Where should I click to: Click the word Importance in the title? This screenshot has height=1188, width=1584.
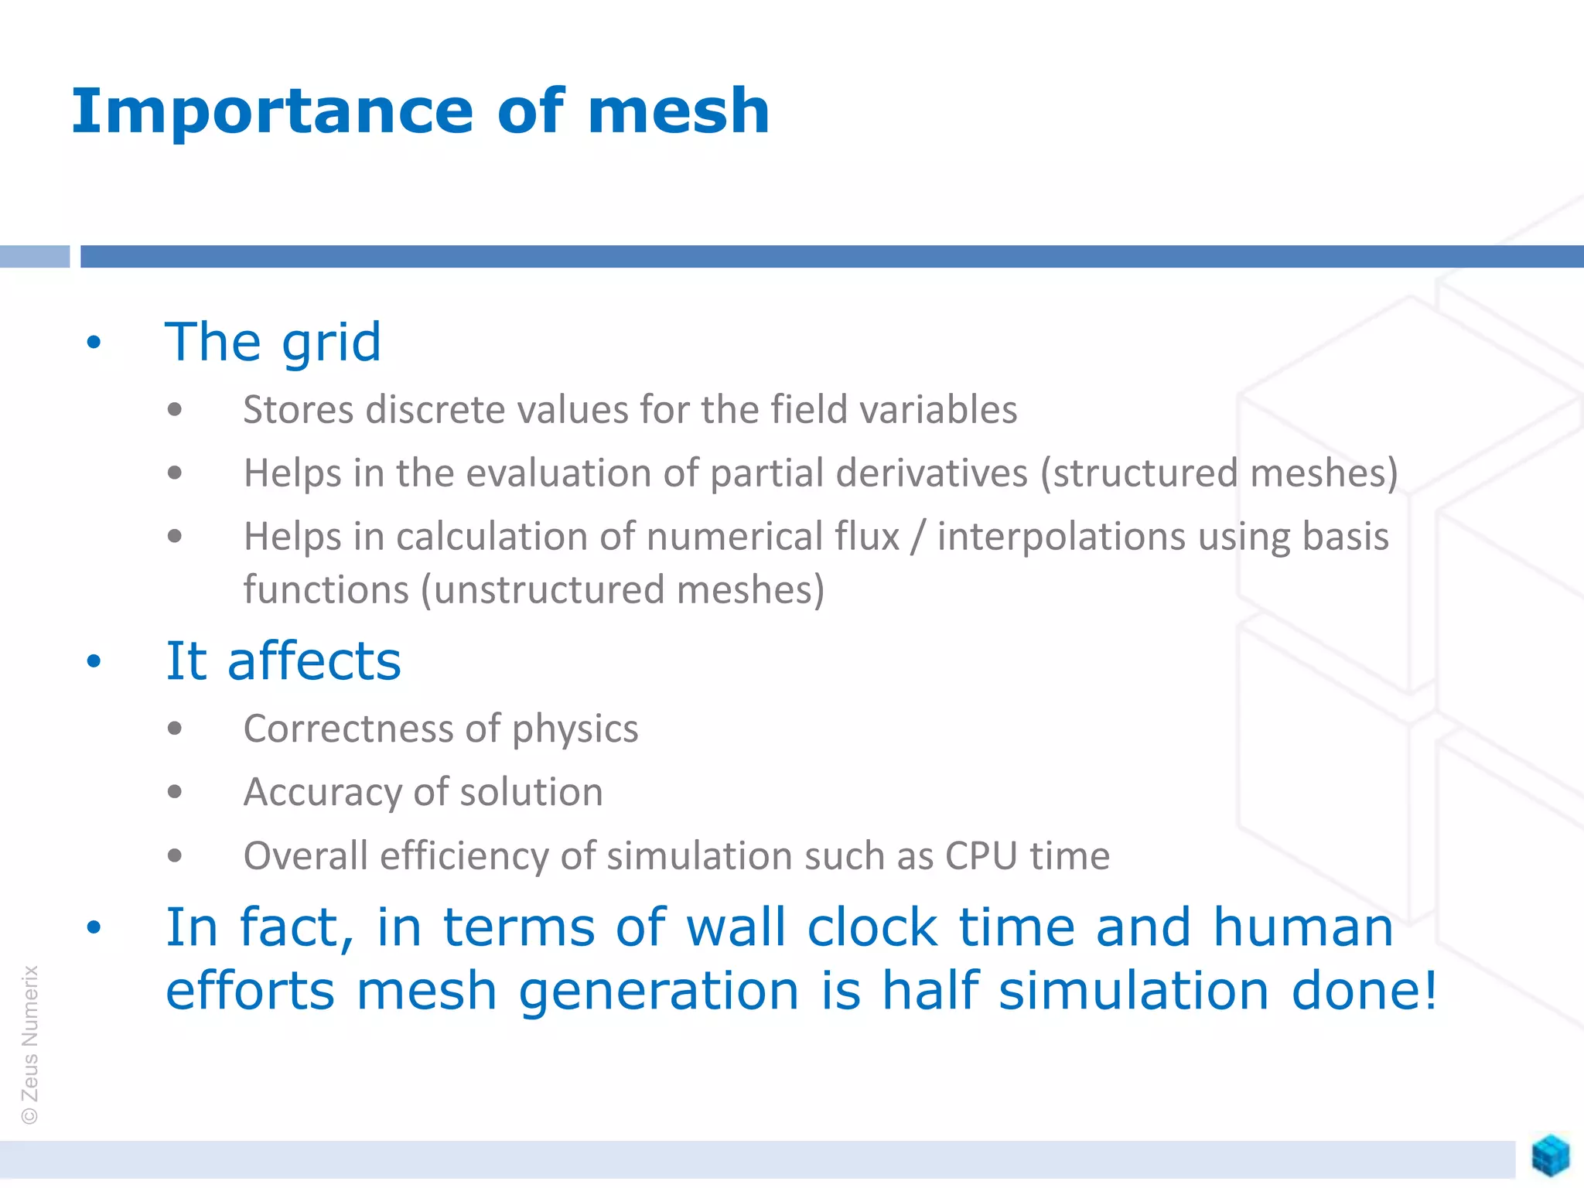tap(271, 112)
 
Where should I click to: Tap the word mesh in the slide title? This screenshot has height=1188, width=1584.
tap(678, 112)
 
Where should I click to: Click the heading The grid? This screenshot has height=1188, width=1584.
tap(273, 342)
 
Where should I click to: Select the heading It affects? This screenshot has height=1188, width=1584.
tap(283, 661)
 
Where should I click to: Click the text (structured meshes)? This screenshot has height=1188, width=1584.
tap(1219, 473)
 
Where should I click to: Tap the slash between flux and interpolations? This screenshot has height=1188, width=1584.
tap(917, 537)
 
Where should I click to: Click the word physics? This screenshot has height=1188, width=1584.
tap(575, 729)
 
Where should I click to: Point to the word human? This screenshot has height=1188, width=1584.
tap(1302, 927)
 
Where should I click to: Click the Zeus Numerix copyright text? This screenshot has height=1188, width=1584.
tap(29, 1044)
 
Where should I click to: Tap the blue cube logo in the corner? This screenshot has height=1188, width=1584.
tap(1550, 1156)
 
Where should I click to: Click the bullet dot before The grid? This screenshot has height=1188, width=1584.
tap(94, 342)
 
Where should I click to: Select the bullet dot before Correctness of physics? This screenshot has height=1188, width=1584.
tap(175, 729)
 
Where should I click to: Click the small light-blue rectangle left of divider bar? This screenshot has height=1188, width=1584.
tap(35, 256)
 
